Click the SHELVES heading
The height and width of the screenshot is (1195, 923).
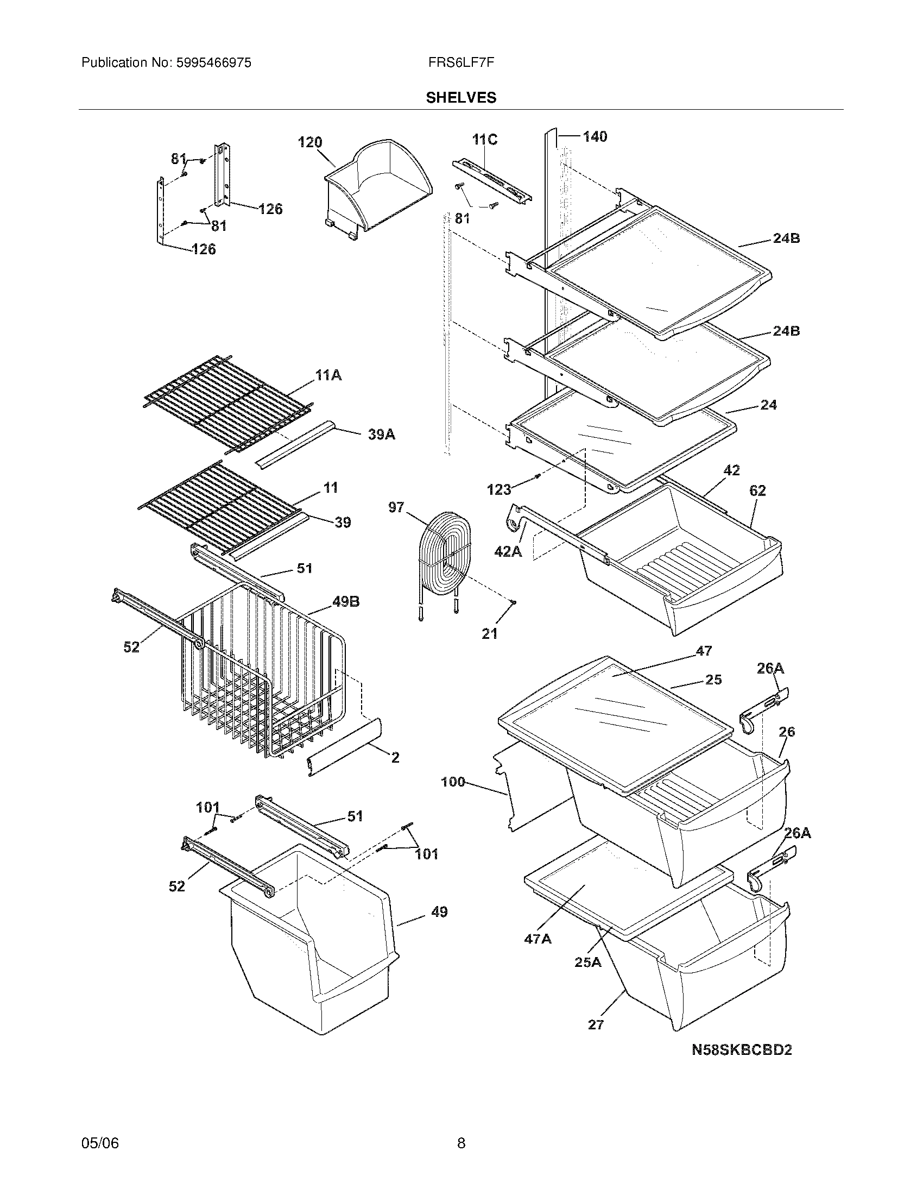461,97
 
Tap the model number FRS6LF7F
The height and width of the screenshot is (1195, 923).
461,62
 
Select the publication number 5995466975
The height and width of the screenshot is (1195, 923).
213,62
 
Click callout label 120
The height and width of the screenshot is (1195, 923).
310,142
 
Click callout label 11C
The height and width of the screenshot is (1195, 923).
484,140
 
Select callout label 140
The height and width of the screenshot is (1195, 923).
595,137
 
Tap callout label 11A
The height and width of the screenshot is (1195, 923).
328,375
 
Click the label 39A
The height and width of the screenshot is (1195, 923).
381,435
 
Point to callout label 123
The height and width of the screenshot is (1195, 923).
498,489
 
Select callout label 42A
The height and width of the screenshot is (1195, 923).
508,552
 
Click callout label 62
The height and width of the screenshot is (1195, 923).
757,491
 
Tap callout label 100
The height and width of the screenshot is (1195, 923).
453,782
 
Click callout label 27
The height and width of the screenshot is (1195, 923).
596,1024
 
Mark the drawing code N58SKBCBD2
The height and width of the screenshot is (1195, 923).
742,1049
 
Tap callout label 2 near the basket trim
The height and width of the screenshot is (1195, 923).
395,757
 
